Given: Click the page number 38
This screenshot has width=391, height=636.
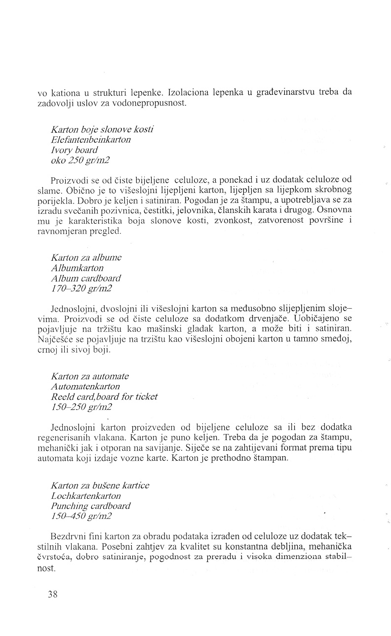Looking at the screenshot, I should (53, 595).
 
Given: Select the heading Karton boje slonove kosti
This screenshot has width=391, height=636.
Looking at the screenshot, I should (102, 129).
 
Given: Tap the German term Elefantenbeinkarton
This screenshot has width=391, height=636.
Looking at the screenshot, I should (91, 140).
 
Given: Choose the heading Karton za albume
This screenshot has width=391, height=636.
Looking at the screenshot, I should (86, 257).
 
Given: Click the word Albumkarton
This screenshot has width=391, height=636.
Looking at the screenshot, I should (77, 268).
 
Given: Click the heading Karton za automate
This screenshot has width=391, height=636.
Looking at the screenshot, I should (90, 376).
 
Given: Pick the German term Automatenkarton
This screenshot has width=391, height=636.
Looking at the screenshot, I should (85, 387).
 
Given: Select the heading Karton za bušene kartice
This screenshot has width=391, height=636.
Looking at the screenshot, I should (100, 485).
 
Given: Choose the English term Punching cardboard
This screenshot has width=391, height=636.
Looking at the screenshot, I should (90, 506).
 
